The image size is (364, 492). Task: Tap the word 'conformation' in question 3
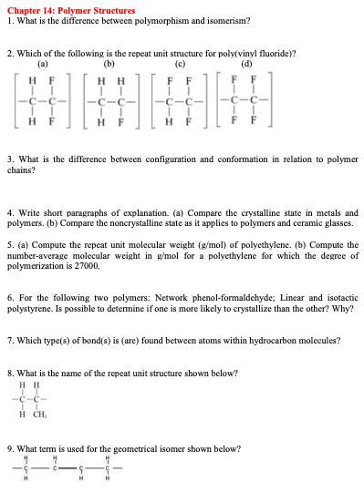[208, 160]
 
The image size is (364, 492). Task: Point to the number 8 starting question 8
[9, 373]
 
